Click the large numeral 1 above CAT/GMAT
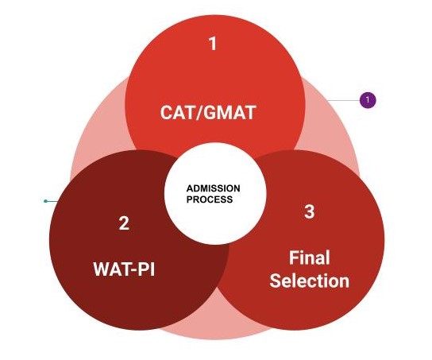click(x=213, y=44)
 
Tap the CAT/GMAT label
click(x=208, y=113)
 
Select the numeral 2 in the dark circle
click(x=124, y=223)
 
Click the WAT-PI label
click(x=124, y=269)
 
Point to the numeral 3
click(x=310, y=211)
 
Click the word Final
click(x=309, y=257)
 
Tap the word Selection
click(x=310, y=281)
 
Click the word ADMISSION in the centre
click(x=213, y=188)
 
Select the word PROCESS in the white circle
click(x=210, y=199)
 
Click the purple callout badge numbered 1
click(x=368, y=100)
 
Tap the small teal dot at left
click(x=46, y=201)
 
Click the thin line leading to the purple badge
click(x=343, y=100)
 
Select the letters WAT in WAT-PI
click(x=112, y=269)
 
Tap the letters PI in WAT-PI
click(x=146, y=269)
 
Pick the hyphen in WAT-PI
click(x=133, y=270)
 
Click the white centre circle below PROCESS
click(x=215, y=223)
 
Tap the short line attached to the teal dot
click(x=52, y=201)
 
